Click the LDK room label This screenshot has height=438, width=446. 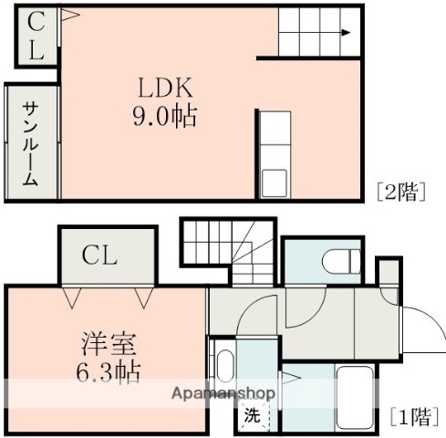pos(165,89)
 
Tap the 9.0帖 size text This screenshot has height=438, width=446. pos(165,117)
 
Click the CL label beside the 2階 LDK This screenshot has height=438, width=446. pos(35,36)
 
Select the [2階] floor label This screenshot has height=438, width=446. pos(401,192)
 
